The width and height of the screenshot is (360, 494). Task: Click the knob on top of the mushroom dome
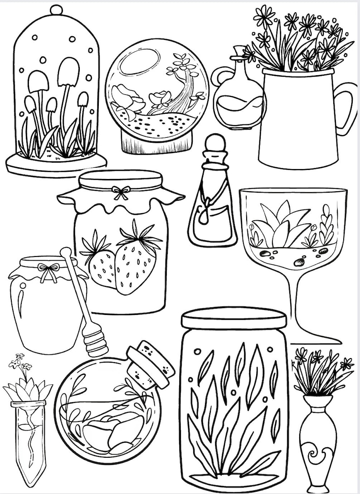click(x=56, y=9)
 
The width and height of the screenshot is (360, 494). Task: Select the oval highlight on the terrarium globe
click(x=140, y=62)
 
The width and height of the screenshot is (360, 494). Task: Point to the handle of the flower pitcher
click(x=347, y=107)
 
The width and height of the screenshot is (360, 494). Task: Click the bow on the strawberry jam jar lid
click(x=121, y=192)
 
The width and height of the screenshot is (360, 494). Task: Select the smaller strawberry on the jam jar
click(x=102, y=267)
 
